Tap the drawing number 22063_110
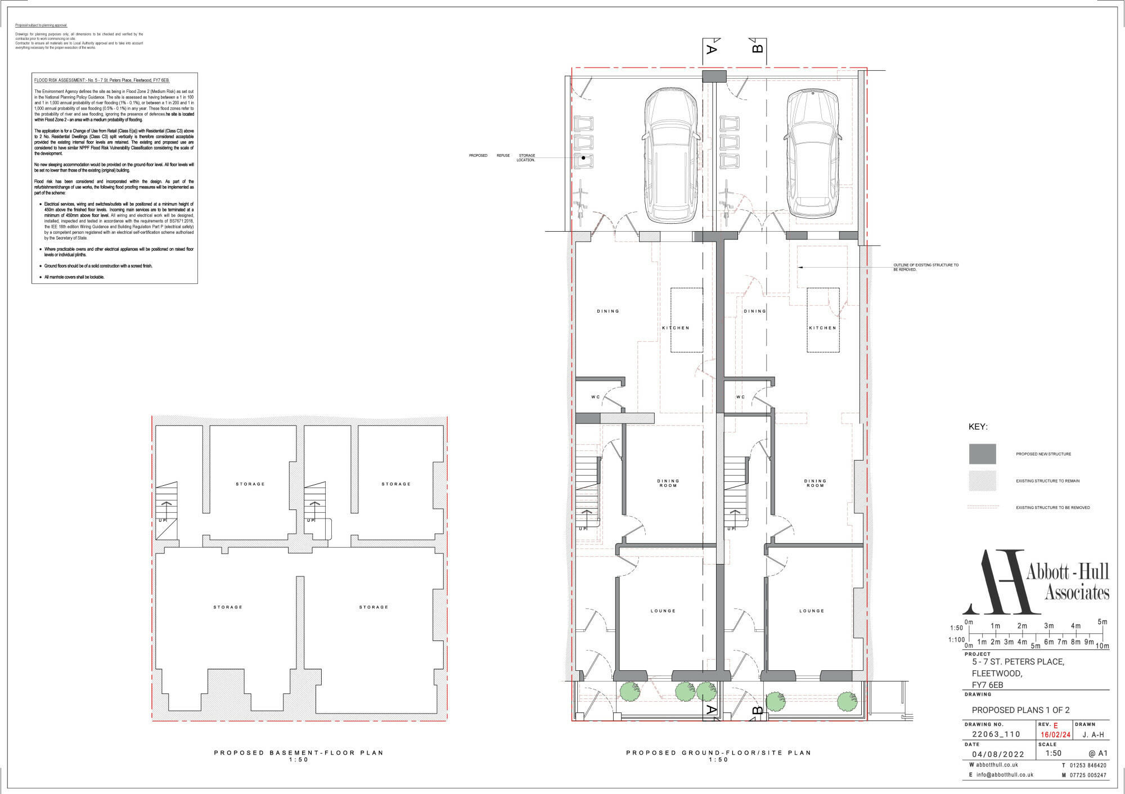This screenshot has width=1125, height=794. (x=996, y=734)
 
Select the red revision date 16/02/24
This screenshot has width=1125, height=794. (x=1055, y=735)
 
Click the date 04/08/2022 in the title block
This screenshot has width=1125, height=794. (x=998, y=755)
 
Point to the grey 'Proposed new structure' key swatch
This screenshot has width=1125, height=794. (x=982, y=454)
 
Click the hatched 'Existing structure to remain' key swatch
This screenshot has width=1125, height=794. (x=982, y=481)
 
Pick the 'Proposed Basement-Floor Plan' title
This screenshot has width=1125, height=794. (x=299, y=752)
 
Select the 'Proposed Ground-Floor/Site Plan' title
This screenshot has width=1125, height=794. (x=718, y=752)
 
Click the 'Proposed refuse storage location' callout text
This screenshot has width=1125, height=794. (x=502, y=157)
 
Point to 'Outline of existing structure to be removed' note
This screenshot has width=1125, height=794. (x=926, y=267)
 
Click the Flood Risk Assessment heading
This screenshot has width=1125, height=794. (x=102, y=80)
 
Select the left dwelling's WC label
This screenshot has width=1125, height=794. (x=595, y=397)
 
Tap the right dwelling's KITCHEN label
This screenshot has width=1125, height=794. (x=822, y=328)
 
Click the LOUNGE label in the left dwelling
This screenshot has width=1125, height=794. (x=663, y=611)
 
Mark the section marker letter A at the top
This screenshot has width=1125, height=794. (x=710, y=49)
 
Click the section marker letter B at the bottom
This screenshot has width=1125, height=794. (x=757, y=711)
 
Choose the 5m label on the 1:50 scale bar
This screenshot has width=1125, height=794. (x=1102, y=621)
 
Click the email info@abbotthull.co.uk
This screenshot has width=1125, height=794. (x=1005, y=775)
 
